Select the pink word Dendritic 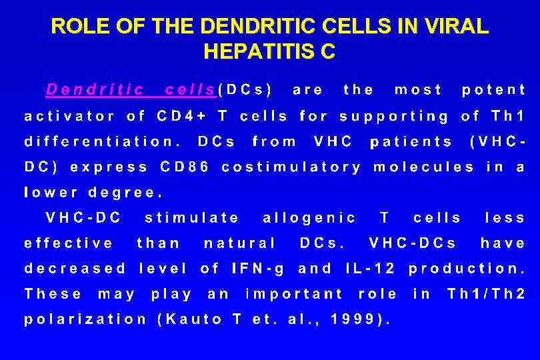click(95, 89)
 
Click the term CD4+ click(181, 116)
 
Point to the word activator click(69, 116)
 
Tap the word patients click(411, 141)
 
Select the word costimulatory click(291, 167)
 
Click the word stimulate click(192, 218)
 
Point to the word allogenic click(310, 218)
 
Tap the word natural click(240, 243)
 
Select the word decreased click(75, 269)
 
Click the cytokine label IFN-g click(258, 269)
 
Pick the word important click(294, 294)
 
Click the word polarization click(85, 319)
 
